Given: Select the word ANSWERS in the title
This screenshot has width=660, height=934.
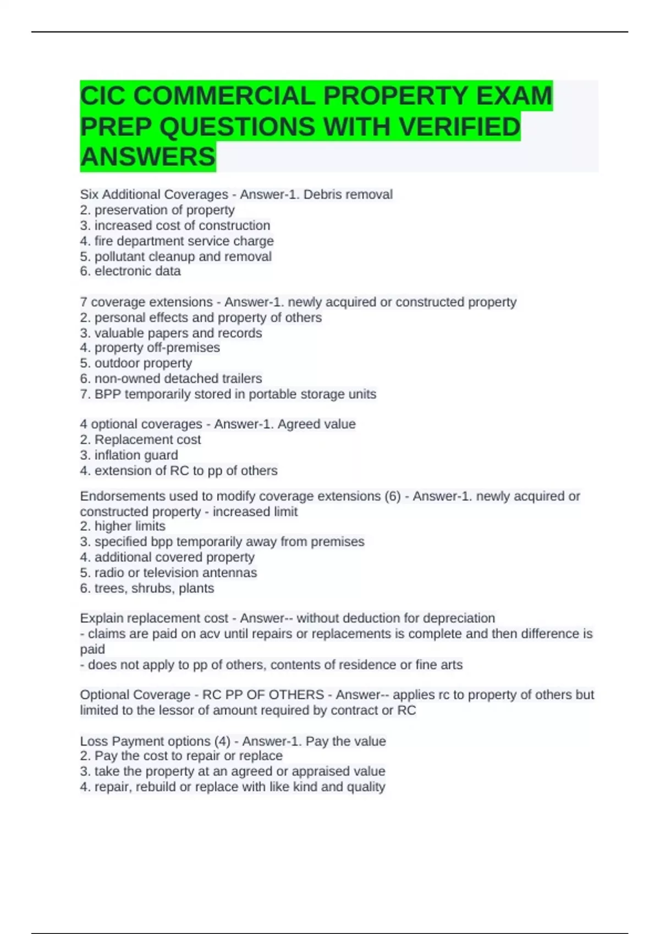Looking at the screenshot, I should pos(147,157).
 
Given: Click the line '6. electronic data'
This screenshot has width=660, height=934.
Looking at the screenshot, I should pos(130,271).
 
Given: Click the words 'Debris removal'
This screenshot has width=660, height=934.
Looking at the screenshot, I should pos(348,194).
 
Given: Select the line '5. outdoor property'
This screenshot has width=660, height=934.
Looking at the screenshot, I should pos(136,363).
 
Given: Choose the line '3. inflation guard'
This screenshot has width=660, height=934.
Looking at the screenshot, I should pos(129,455).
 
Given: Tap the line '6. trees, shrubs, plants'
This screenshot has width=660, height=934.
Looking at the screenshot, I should pos(147,588).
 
